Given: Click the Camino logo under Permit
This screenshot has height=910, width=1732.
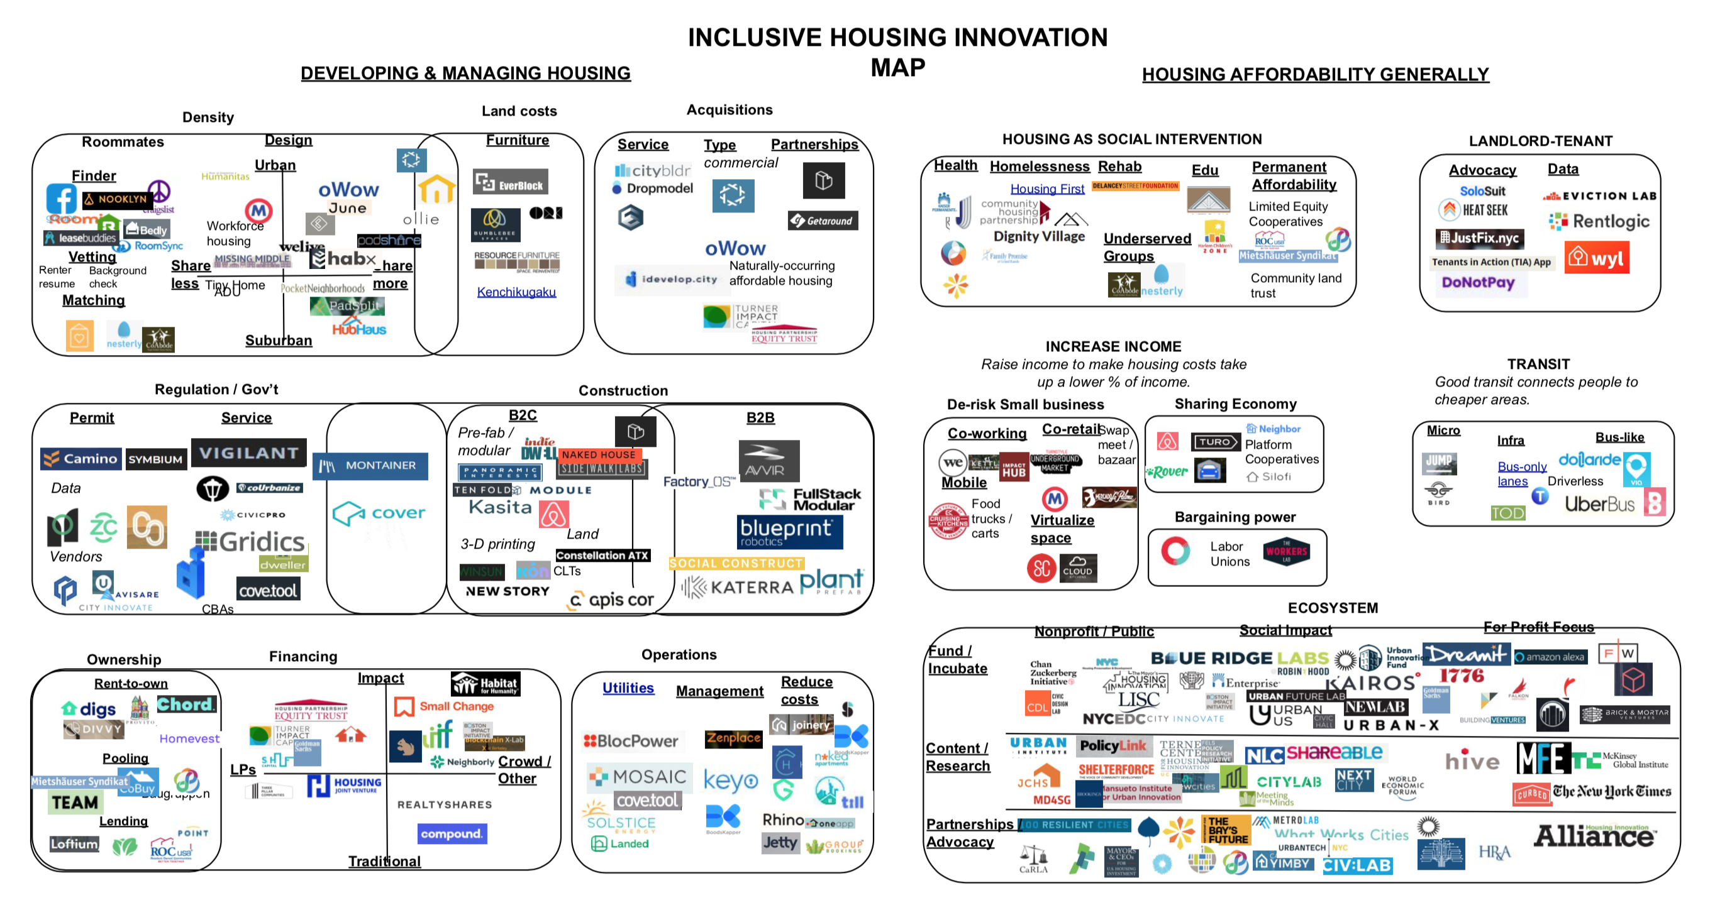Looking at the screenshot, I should (x=80, y=459).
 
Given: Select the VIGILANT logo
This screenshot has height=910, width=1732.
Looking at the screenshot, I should (x=249, y=453).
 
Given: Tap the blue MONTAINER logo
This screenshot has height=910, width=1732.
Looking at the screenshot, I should (x=370, y=466).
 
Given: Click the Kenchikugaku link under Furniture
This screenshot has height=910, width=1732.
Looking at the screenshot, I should (x=516, y=292).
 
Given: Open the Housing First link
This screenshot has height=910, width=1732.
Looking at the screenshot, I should (x=1047, y=190).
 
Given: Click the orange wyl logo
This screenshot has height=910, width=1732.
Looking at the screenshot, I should (x=1596, y=258).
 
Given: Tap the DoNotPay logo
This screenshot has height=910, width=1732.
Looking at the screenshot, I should (x=1478, y=283).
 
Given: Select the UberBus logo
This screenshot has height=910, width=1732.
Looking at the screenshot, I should (x=1599, y=503).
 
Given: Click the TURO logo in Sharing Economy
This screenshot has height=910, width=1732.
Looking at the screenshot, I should (x=1215, y=442).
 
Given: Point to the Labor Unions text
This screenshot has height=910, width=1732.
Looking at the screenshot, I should (x=1229, y=554).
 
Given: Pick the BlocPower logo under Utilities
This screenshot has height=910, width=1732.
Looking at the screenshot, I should (x=631, y=741).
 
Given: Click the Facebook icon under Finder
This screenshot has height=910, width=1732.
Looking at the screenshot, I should (x=61, y=200).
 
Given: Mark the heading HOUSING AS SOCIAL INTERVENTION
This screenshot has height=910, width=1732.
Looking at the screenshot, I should (x=1131, y=139).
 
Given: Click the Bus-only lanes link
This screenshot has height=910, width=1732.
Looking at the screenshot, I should (x=1521, y=474).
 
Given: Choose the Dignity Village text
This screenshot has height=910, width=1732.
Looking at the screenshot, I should (x=1039, y=236).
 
